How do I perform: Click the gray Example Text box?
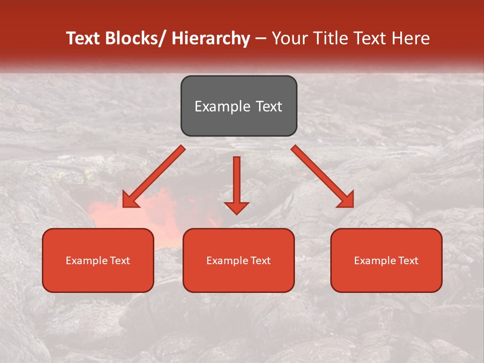pyautogui.click(x=238, y=106)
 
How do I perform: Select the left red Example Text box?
pyautogui.click(x=98, y=260)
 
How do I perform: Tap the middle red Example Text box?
pyautogui.click(x=238, y=260)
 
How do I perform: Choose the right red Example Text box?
pyautogui.click(x=386, y=260)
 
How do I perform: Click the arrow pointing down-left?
pyautogui.click(x=154, y=176)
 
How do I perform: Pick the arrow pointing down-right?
pyautogui.click(x=323, y=176)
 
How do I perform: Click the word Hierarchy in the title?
pyautogui.click(x=211, y=38)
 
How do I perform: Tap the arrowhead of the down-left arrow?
pyautogui.click(x=130, y=200)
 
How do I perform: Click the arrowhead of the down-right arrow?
pyautogui.click(x=346, y=200)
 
